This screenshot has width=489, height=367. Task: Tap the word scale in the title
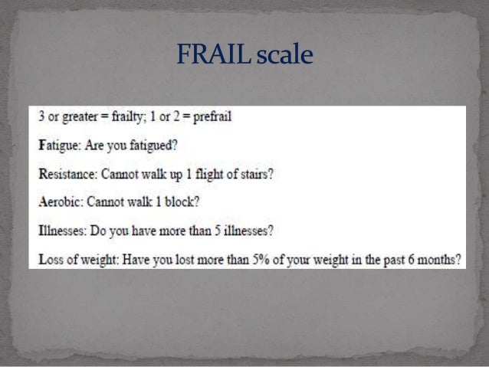pyautogui.click(x=285, y=55)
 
